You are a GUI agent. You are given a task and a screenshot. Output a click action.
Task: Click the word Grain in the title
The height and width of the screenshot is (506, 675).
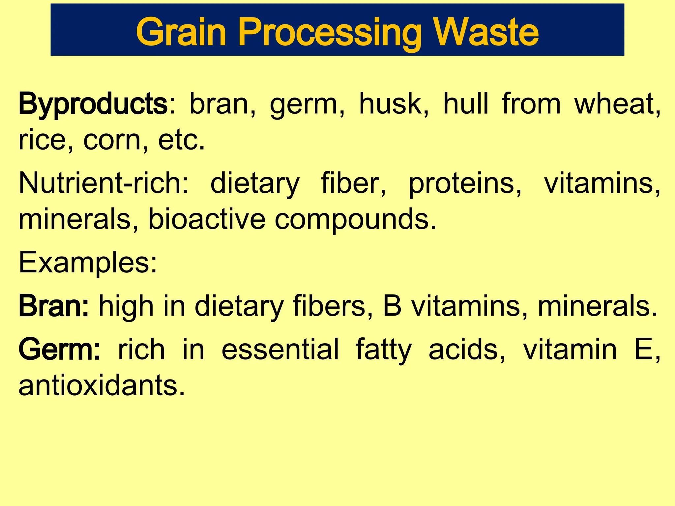[x=181, y=32]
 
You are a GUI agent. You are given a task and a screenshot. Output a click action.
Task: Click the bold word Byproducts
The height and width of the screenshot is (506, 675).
[x=93, y=104]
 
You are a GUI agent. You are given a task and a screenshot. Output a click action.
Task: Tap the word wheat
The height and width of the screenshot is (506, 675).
[x=617, y=104]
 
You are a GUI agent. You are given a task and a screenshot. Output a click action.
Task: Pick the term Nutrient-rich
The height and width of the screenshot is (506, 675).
[x=103, y=183]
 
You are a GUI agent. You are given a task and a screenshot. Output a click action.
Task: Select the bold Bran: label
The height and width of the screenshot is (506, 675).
[x=54, y=306]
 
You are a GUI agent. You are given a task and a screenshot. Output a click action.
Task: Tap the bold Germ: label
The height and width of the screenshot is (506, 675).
[x=59, y=350]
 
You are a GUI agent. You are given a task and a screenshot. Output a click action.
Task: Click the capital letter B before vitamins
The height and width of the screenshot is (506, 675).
[x=392, y=306]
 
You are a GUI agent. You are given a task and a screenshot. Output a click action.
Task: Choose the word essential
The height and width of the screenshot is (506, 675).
[x=280, y=350]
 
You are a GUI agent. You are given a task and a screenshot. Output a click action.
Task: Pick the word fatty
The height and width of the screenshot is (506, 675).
[x=384, y=350]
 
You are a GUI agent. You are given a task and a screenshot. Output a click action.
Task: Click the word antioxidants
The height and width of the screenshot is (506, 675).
[x=102, y=385]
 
